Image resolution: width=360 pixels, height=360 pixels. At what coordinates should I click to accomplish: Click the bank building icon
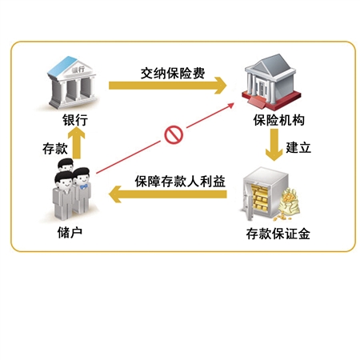tap(73, 82)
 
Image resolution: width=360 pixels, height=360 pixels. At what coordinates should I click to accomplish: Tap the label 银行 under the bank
tap(75, 120)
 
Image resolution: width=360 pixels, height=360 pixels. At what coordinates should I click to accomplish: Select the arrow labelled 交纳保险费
tap(167, 86)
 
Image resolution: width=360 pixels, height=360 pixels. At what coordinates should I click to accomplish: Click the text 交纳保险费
tap(173, 73)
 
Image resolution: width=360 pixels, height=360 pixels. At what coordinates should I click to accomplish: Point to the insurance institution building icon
tap(271, 81)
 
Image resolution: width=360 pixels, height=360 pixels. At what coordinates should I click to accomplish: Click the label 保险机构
tap(279, 120)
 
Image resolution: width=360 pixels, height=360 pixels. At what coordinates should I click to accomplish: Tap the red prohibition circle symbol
tap(174, 134)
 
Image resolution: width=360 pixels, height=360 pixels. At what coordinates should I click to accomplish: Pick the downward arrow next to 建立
tap(274, 145)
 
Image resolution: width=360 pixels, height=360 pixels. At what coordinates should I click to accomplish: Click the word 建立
tap(298, 147)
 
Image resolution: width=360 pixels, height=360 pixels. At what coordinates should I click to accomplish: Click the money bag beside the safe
tap(290, 203)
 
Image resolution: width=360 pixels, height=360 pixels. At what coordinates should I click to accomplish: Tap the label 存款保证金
tap(278, 234)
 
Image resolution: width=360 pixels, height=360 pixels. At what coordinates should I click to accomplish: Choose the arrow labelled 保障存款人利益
tap(168, 194)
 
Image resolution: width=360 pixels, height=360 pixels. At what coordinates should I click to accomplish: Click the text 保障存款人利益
tap(180, 182)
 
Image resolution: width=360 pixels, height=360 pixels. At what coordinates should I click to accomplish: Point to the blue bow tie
tap(84, 186)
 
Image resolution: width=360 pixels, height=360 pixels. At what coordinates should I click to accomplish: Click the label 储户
tap(70, 232)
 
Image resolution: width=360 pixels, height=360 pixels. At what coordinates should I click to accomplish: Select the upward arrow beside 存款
tap(77, 142)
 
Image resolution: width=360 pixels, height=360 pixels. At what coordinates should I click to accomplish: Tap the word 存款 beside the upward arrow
tap(55, 149)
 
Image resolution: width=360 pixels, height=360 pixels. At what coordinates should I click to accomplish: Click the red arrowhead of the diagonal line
tap(230, 106)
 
